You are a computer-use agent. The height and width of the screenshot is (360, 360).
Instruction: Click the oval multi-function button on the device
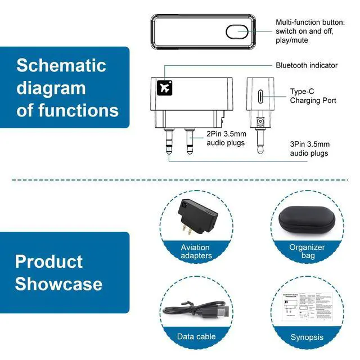coord(237,31)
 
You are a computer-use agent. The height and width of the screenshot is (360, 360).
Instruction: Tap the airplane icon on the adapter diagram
coord(165,88)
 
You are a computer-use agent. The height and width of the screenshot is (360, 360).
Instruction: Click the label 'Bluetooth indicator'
coord(307,65)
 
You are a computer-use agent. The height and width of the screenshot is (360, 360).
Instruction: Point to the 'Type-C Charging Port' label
coord(313,96)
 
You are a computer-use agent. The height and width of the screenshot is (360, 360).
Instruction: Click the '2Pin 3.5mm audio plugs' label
coord(226,138)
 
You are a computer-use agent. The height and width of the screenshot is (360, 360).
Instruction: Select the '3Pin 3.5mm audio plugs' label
coord(309,148)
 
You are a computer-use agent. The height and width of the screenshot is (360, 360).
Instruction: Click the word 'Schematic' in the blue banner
coord(61,65)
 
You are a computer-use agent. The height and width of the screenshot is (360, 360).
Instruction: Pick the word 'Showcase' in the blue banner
coord(58,283)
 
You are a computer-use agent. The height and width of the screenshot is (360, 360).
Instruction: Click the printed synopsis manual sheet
coord(307,310)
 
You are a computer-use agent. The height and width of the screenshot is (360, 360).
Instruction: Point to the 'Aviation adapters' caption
coord(196,251)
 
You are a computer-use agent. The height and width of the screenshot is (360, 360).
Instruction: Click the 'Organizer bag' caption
coord(307,251)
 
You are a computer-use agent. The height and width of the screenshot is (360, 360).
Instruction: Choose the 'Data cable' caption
coord(196,336)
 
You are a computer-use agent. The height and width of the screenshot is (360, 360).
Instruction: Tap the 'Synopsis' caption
coord(307,337)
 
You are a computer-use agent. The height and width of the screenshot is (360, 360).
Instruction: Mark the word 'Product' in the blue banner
coord(48,262)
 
